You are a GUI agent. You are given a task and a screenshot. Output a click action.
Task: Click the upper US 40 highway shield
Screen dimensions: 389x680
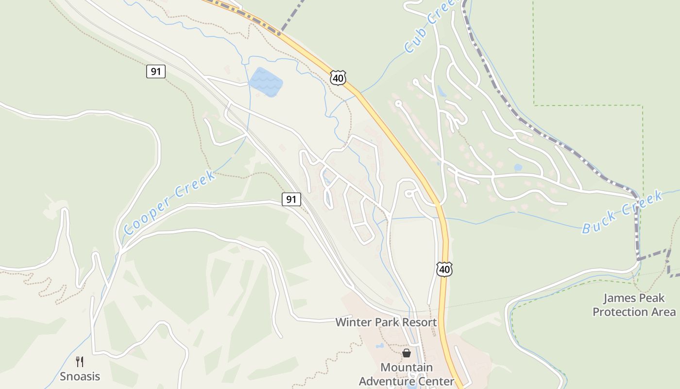point(338,77)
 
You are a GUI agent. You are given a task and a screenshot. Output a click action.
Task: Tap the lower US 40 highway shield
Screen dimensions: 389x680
point(444,269)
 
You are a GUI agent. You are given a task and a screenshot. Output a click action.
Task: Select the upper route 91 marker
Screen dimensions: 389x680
point(155,71)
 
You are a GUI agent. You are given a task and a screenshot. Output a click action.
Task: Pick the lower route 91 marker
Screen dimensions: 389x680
point(291,199)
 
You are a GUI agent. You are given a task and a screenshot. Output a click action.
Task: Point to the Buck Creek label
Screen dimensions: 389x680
point(622,212)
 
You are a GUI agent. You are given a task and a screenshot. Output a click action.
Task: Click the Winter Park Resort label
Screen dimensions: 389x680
point(386,322)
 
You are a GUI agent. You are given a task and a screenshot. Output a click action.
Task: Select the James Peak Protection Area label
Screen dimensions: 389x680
point(634,305)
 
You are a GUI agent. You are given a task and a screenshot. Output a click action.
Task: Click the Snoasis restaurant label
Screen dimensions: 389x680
point(80,376)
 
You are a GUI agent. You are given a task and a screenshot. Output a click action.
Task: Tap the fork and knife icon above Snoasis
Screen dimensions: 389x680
point(80,362)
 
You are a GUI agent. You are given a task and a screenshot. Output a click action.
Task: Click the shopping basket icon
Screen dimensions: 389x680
point(406,353)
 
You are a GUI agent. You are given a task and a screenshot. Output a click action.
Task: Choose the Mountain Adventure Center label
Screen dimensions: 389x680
point(406,374)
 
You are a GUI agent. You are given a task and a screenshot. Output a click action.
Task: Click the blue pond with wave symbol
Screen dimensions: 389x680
point(266,82)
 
